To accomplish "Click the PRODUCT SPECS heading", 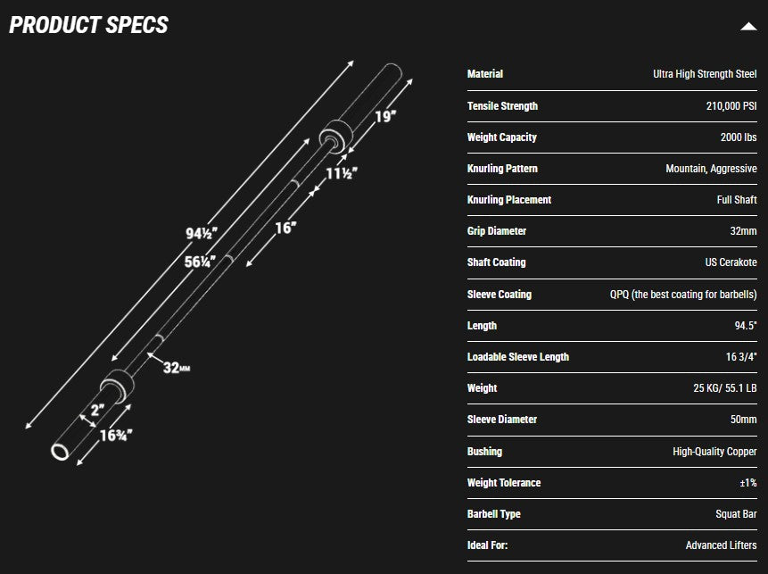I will coord(88,24).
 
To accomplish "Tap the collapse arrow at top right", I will coord(748,27).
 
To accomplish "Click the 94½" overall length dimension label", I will coord(201,234).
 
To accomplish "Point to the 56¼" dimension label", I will coord(202,262).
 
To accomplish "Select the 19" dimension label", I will coord(384,116).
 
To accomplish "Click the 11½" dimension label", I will coord(341,173).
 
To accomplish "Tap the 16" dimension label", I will coord(285,228).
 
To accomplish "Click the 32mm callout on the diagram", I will coord(177,367).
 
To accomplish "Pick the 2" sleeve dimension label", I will coord(96,411).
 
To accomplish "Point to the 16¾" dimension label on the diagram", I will coord(116,436).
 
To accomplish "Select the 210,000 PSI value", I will coord(731,106).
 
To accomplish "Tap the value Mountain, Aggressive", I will coord(711,169).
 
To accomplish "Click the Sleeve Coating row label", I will coord(499,295).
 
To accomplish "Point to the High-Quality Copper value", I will coord(714,452).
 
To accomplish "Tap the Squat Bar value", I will coord(736,514).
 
